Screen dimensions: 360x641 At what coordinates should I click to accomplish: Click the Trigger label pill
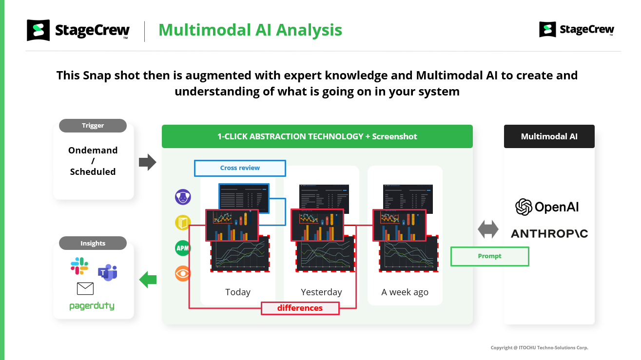[x=93, y=126]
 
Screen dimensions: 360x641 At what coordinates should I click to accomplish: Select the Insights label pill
[x=93, y=243]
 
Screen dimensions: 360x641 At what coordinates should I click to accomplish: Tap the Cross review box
[x=240, y=168]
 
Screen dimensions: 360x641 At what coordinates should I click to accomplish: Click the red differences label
[x=300, y=308]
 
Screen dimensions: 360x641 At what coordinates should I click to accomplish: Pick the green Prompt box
[x=489, y=256]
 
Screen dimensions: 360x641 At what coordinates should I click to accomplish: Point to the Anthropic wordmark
[x=549, y=234]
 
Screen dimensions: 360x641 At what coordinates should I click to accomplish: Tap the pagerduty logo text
[x=92, y=306]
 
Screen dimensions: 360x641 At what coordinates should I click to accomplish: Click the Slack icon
[x=79, y=266]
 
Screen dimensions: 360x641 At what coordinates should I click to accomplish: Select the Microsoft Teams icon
[x=108, y=272]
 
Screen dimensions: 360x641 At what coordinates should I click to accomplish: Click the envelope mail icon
[x=85, y=289]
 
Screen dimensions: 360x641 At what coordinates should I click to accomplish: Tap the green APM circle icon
[x=183, y=248]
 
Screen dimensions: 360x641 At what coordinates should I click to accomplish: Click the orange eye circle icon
[x=183, y=273]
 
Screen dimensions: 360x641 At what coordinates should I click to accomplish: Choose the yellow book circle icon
[x=183, y=223]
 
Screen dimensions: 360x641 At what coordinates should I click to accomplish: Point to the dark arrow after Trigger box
[x=147, y=162]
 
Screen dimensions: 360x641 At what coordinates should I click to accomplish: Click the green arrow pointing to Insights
[x=148, y=280]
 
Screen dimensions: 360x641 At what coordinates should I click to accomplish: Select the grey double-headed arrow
[x=488, y=229]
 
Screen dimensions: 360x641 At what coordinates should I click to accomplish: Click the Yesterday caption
[x=321, y=292]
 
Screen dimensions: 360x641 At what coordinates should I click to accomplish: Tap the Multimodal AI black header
[x=549, y=136]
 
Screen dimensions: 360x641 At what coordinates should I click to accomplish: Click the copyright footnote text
[x=539, y=348]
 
